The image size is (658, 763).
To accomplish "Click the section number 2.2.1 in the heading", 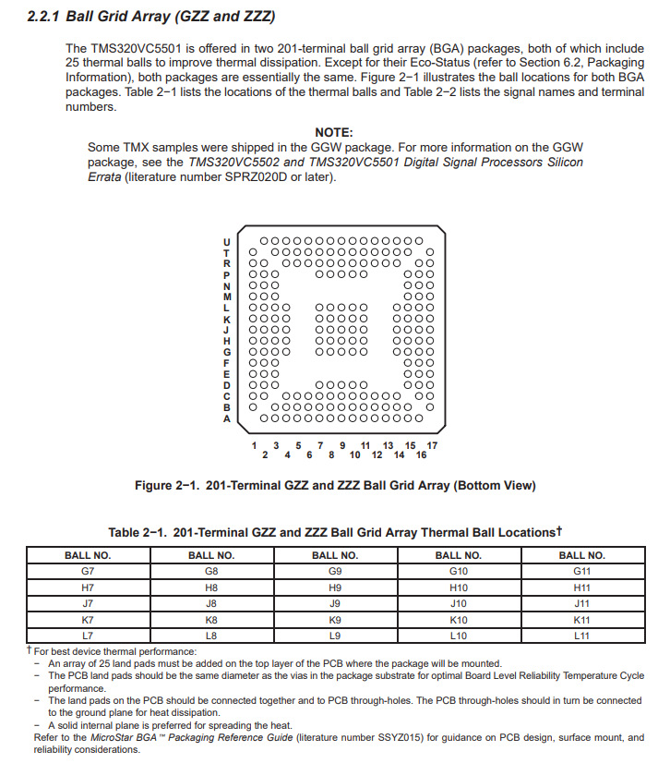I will click(x=43, y=18).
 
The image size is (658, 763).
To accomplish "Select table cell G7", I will click(x=87, y=571).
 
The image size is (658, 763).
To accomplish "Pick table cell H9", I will click(x=334, y=587).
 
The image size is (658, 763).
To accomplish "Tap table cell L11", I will click(x=581, y=635).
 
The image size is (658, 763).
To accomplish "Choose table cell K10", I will click(x=458, y=619).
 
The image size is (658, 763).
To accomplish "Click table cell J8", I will click(x=210, y=603).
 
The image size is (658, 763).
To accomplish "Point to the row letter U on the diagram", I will click(x=227, y=242).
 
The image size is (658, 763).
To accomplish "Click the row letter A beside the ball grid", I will click(x=227, y=418).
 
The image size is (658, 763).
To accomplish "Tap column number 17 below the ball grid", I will click(x=432, y=445).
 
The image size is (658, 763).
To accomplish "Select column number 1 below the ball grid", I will click(x=254, y=445).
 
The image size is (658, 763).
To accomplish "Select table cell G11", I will click(x=581, y=571).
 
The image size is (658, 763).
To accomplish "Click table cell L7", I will click(x=87, y=635).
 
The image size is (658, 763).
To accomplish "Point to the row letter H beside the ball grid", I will click(x=227, y=341).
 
